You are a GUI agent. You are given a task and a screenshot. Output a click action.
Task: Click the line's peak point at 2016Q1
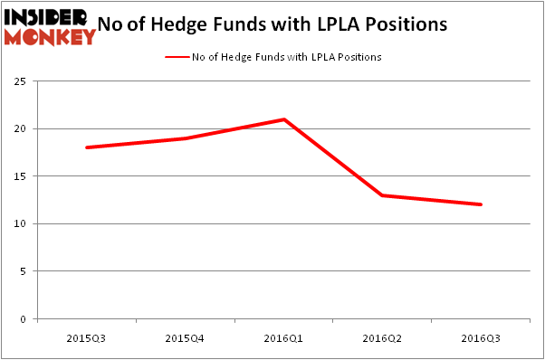[284, 119]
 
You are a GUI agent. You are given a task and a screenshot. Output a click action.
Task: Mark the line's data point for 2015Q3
[87, 147]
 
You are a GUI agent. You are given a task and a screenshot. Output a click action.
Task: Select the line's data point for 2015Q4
[186, 138]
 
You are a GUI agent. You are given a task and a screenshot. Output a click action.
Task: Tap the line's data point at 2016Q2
[383, 195]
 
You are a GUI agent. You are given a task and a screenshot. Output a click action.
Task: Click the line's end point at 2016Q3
[481, 204]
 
